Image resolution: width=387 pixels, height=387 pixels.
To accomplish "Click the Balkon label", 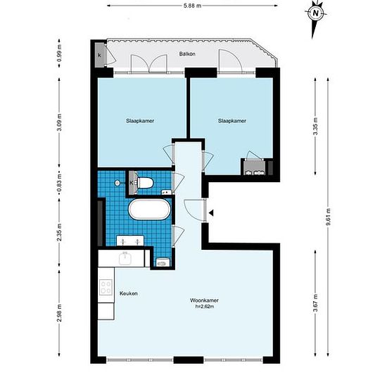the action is point(187,53).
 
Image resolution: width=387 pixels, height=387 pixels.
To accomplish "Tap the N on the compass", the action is point(316,13).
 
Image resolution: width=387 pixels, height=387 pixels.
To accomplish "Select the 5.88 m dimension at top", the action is point(192,6).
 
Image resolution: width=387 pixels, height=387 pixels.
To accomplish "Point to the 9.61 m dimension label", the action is point(329,217).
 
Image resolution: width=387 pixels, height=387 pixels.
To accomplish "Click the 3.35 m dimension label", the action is point(315,126).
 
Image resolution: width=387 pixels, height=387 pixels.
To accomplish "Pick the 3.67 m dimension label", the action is point(315,303).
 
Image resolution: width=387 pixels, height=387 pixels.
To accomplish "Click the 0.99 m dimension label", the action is point(59,53).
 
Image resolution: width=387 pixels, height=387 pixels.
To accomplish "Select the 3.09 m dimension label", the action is point(59,122).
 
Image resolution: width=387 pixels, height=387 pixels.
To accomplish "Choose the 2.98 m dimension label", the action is point(59,313).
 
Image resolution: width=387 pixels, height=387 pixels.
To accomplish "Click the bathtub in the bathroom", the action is point(149,209).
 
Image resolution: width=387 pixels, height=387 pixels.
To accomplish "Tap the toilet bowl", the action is point(146,183).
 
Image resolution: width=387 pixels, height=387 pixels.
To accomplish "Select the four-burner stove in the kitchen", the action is point(106,287).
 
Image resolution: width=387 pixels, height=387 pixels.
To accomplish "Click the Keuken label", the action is point(128,293).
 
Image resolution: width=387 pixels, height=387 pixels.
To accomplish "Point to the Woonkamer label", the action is point(204,300).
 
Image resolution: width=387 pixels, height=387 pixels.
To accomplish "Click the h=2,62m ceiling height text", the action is point(204,307).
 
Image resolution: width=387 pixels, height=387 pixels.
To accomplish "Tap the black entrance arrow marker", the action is point(211,212).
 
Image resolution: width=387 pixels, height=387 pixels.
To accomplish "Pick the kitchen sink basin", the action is point(125,258).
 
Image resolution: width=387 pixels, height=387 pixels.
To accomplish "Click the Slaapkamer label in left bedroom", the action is point(140,121).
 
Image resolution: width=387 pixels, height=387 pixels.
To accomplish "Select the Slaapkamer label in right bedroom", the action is point(232,121).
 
